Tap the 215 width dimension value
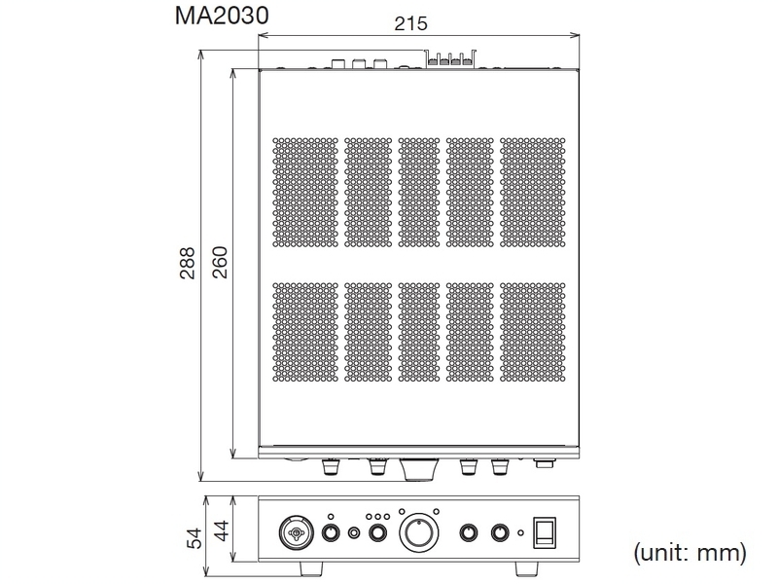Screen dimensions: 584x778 [411, 24]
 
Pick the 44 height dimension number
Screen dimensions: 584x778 [222, 530]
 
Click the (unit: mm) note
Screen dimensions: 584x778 [690, 554]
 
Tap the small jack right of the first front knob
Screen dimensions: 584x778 [354, 533]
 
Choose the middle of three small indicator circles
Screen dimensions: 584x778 [377, 516]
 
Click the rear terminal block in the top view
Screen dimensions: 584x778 [449, 60]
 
